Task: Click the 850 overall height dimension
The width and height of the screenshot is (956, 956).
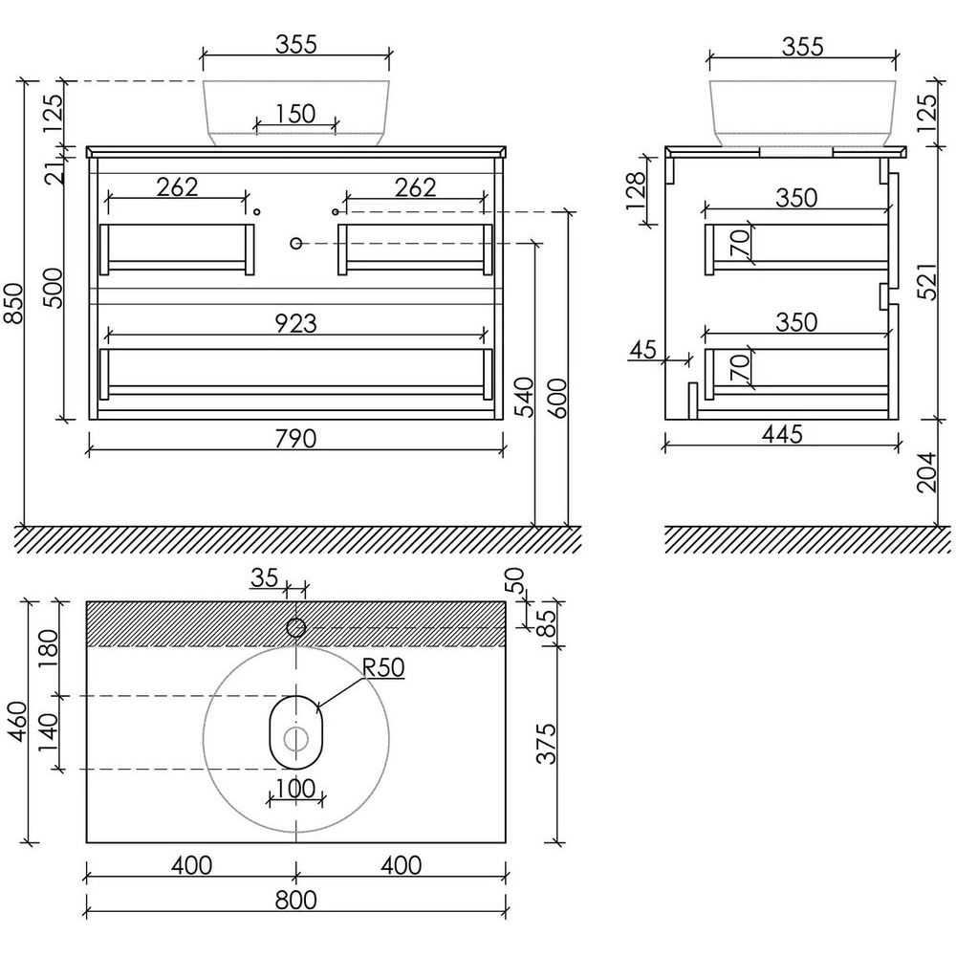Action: pos(14,303)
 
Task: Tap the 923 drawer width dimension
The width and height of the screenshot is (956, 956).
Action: pos(295,324)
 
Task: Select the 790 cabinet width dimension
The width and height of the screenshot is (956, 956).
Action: pos(295,439)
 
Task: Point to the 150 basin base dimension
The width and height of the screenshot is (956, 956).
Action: pos(295,114)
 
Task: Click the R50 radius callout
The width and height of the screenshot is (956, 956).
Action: pos(383,667)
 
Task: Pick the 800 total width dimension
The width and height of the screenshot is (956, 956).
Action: pos(295,901)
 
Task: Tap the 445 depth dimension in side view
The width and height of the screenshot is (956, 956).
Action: pos(782,435)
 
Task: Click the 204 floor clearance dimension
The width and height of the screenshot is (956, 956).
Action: pos(926,472)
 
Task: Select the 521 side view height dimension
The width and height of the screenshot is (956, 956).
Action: pos(926,281)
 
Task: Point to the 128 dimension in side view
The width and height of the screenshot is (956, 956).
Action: pos(636,190)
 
